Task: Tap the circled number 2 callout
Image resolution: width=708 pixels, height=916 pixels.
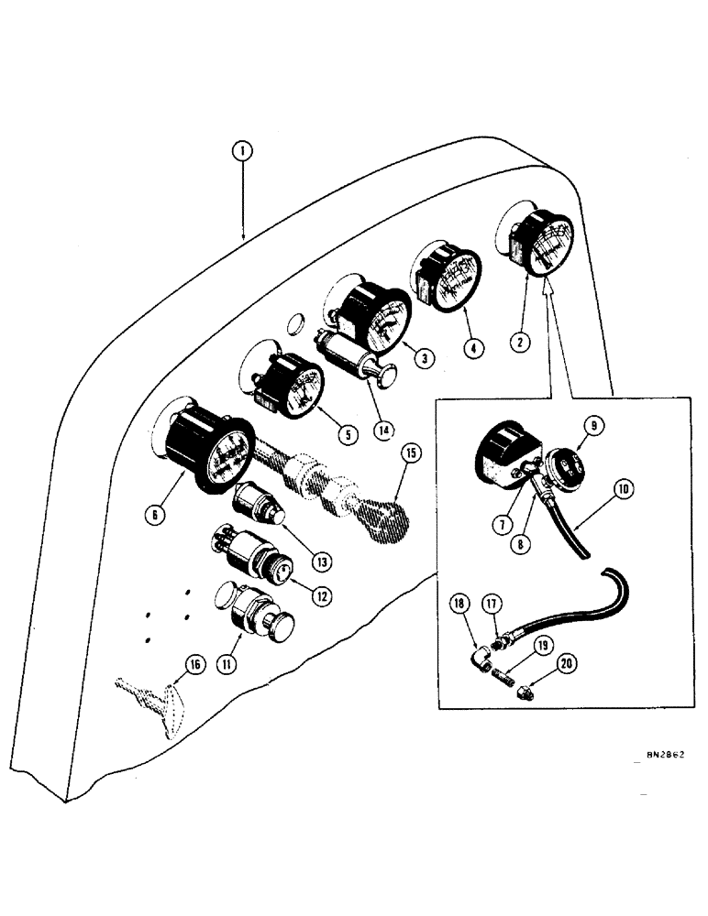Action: point(519,343)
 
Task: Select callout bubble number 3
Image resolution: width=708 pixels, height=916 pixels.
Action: point(422,360)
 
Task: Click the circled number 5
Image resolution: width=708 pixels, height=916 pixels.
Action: point(347,433)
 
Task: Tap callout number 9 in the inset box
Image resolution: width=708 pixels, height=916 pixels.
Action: point(592,425)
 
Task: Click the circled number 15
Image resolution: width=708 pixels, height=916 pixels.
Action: point(411,455)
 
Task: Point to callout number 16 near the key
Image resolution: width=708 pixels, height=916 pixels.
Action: point(191,670)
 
